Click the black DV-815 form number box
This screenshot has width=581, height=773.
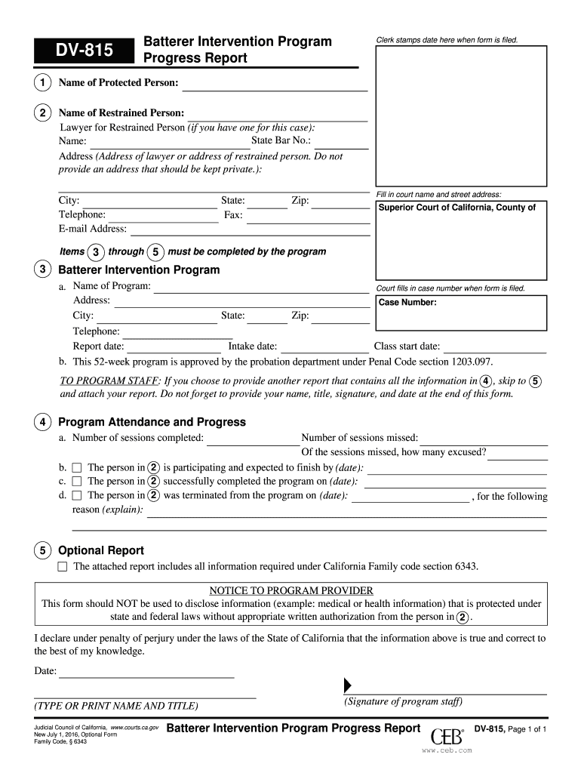[x=82, y=51]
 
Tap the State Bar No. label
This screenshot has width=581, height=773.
[x=281, y=141]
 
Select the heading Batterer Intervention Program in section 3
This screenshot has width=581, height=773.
[x=139, y=270]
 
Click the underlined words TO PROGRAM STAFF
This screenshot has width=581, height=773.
[x=109, y=381]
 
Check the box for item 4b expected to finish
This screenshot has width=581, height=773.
[x=76, y=468]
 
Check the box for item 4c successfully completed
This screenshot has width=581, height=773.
[x=76, y=482]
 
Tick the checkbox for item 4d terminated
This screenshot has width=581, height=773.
[x=76, y=496]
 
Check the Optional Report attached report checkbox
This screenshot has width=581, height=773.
[x=63, y=566]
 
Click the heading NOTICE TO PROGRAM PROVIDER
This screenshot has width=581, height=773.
[x=290, y=590]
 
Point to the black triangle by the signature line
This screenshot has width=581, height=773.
[x=348, y=685]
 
